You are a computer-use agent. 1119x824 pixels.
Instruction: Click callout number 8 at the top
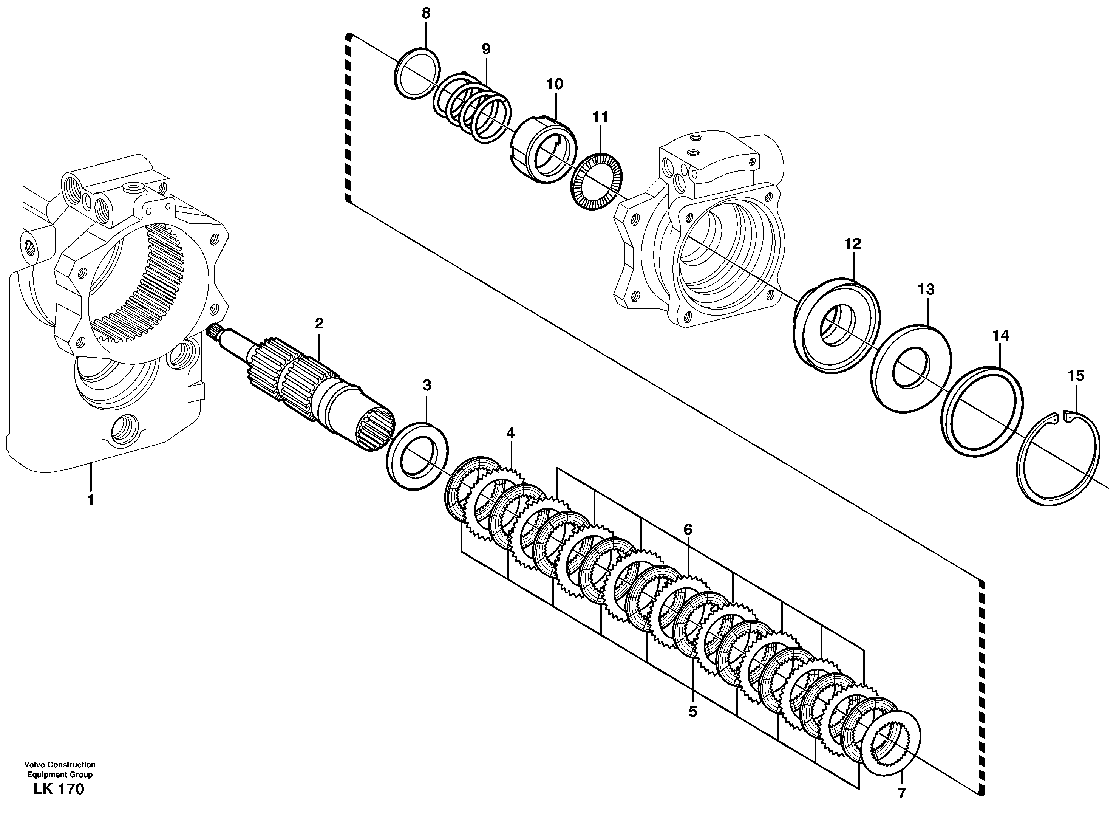426,14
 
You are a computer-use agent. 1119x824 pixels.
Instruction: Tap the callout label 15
1076,376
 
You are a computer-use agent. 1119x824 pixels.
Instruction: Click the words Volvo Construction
60,765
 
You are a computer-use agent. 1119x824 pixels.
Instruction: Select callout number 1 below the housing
91,500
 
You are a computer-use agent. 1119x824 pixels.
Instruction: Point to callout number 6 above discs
688,529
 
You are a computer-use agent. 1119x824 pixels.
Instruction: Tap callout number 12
853,244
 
